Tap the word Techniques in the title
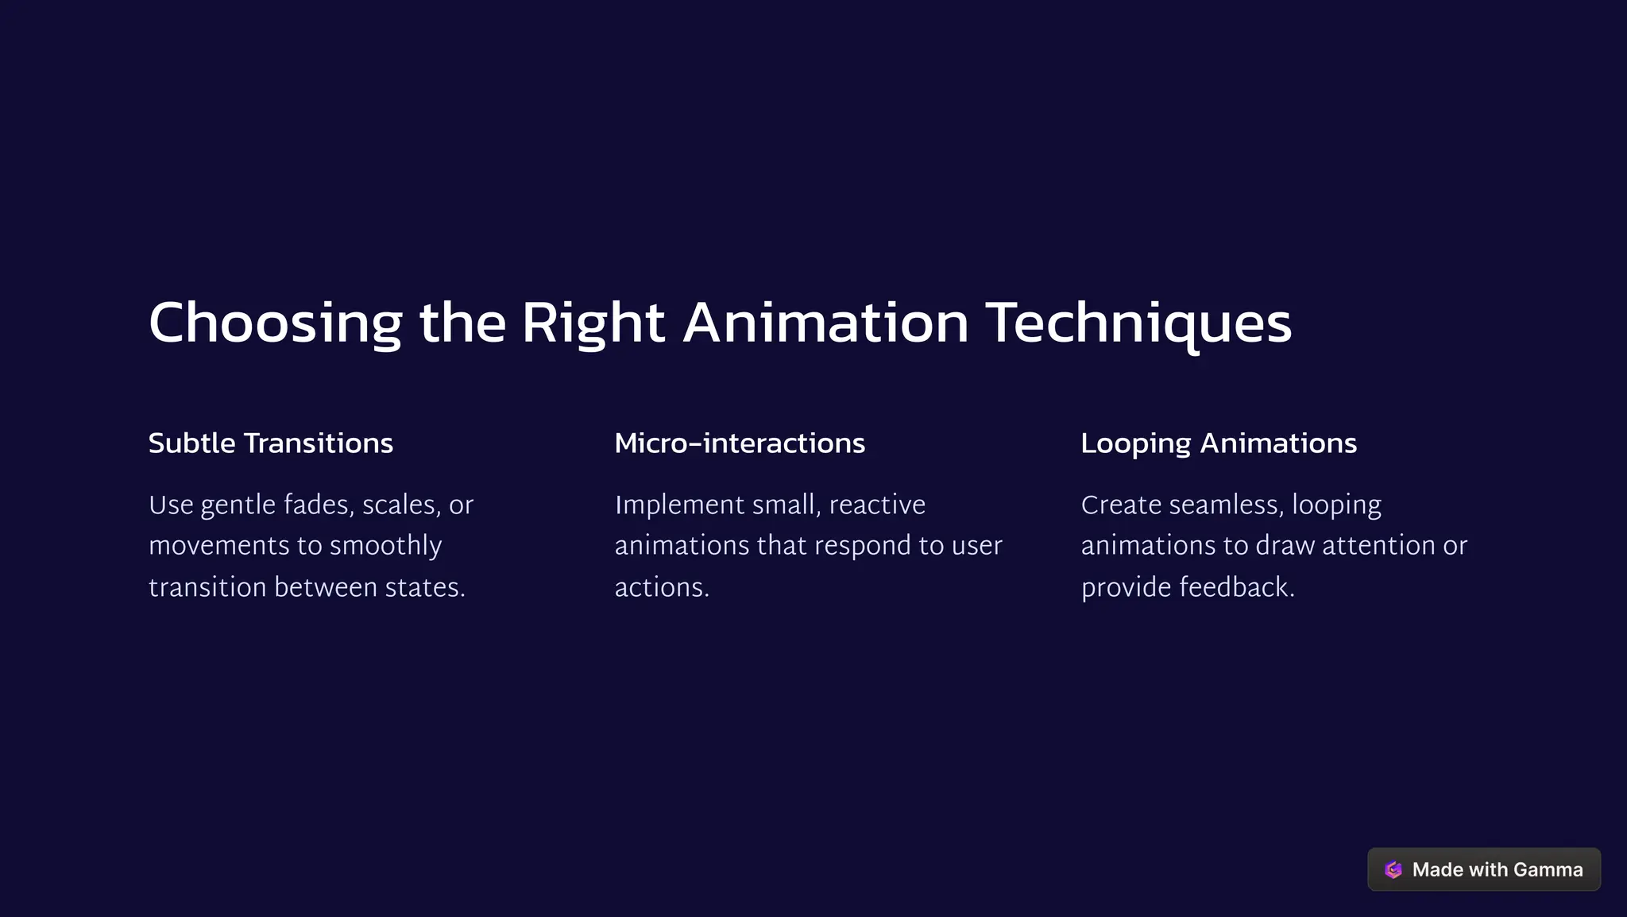point(1138,323)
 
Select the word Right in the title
point(593,323)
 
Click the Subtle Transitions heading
point(271,443)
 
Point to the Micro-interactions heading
point(740,443)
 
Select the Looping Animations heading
point(1219,443)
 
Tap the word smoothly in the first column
point(385,546)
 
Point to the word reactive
point(877,505)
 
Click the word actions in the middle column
point(661,587)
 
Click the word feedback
point(1236,587)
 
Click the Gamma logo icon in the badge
point(1393,869)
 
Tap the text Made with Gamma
point(1498,869)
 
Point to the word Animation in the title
point(825,323)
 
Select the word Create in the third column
point(1121,505)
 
